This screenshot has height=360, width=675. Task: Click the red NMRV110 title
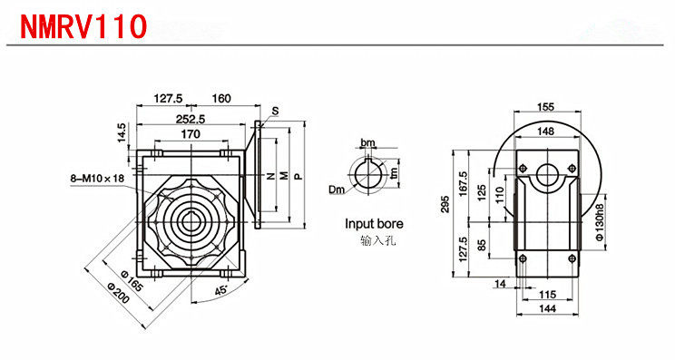pyautogui.click(x=83, y=26)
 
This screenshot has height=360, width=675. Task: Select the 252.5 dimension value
pyautogui.click(x=191, y=119)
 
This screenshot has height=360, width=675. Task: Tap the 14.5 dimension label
pyautogui.click(x=122, y=133)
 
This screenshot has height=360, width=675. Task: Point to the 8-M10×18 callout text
pyautogui.click(x=97, y=177)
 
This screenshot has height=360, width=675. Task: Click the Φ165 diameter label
pyautogui.click(x=131, y=280)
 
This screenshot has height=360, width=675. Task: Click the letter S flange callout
pyautogui.click(x=275, y=111)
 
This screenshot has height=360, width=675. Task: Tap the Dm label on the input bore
pyautogui.click(x=337, y=189)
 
